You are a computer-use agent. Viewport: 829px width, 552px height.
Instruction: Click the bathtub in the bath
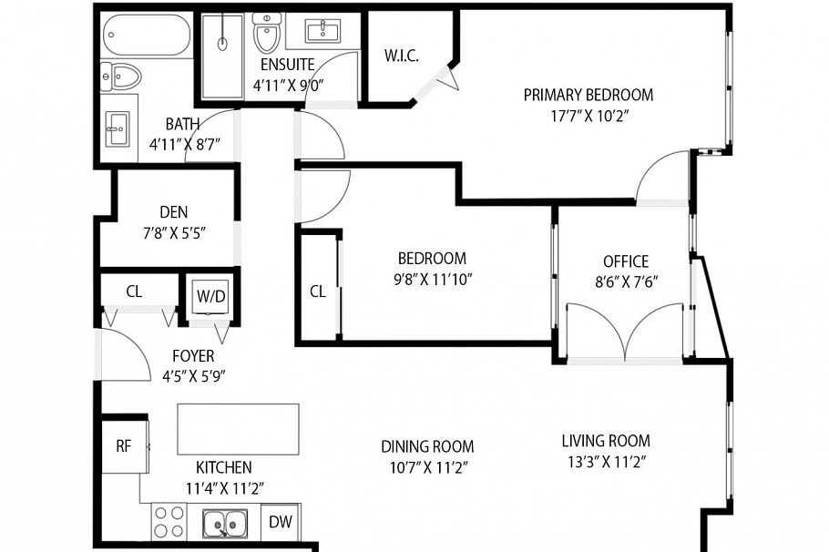146,36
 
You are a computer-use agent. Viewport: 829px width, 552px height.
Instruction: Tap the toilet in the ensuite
267,35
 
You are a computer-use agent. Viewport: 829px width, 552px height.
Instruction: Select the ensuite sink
323,33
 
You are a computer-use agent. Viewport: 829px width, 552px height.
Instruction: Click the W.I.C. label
402,56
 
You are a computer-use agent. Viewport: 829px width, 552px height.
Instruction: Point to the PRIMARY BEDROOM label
588,95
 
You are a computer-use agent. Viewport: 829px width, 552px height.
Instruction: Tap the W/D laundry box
210,295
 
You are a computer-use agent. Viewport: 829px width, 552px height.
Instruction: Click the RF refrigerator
124,445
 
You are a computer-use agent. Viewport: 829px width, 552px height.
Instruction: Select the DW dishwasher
281,523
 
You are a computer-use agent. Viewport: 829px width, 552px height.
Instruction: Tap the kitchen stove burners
169,522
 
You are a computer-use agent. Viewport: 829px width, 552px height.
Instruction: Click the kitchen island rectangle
237,429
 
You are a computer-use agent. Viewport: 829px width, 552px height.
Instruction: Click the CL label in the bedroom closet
317,291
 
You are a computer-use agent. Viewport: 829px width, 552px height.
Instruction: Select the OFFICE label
626,261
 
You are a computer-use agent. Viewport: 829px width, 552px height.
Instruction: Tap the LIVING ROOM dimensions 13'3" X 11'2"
605,462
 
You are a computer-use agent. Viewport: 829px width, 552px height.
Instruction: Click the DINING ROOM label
427,446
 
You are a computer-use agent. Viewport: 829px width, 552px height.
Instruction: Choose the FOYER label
194,355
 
